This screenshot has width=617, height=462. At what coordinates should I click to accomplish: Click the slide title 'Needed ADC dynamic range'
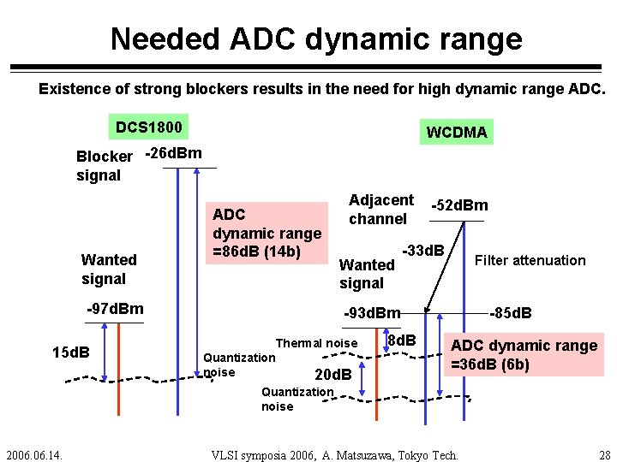tap(315, 38)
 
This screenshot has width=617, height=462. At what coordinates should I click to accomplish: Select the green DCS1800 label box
tap(149, 127)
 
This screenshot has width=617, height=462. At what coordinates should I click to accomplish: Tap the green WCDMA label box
tap(456, 132)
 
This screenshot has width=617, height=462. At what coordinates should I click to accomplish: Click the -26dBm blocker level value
tap(174, 154)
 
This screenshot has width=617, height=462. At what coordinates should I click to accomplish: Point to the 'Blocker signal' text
tap(104, 166)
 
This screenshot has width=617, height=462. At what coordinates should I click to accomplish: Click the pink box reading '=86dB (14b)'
tap(267, 234)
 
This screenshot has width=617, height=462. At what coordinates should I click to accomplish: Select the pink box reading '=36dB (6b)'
tap(524, 355)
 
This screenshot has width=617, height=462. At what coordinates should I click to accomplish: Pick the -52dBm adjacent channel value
tap(459, 205)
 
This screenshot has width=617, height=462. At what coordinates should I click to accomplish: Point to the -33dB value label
tap(422, 251)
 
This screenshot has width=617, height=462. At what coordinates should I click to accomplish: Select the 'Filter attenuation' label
tap(530, 260)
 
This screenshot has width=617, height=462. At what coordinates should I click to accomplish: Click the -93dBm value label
tap(372, 313)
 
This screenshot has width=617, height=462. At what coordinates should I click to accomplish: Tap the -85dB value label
tap(510, 313)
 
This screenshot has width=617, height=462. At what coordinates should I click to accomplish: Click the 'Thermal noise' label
tap(316, 343)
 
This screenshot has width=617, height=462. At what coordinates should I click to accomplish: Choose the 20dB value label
tap(334, 375)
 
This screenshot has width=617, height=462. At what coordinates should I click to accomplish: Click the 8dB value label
tap(401, 341)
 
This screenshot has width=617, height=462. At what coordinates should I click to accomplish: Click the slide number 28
tap(605, 453)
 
